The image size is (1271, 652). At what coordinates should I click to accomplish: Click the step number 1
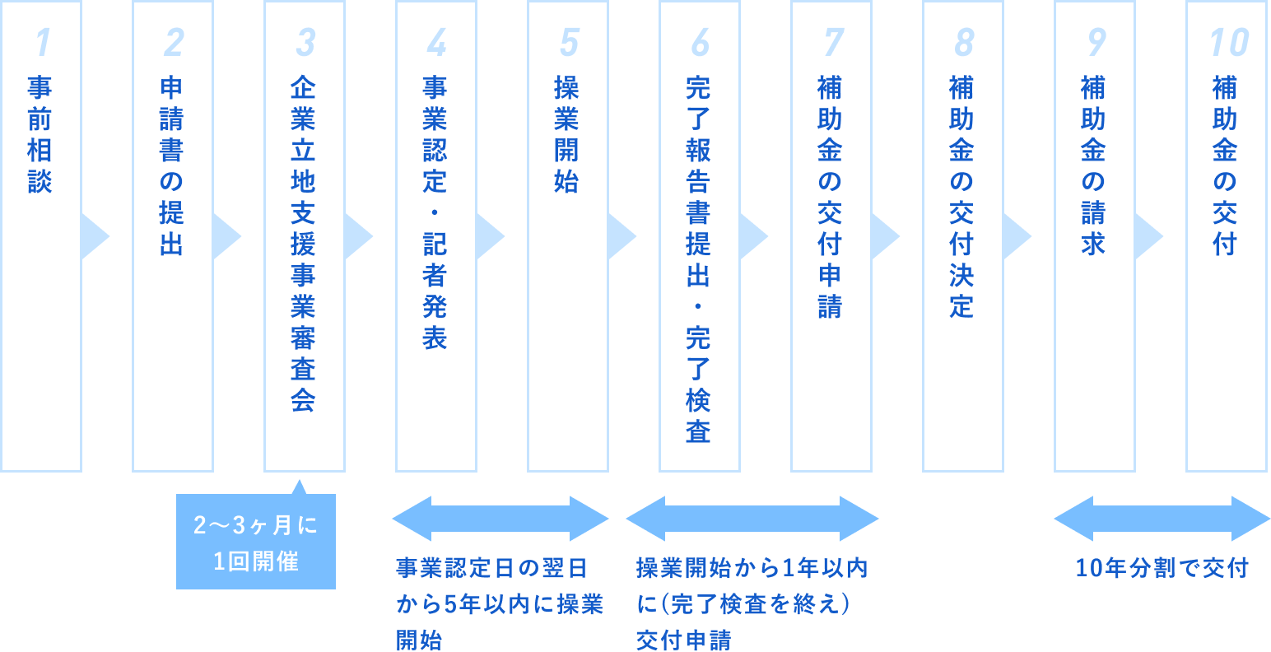point(41,43)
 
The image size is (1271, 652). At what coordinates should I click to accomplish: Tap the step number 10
point(1227,43)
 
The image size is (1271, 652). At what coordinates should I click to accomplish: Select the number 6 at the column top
point(700,43)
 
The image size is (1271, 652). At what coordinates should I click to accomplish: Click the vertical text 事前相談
point(40,135)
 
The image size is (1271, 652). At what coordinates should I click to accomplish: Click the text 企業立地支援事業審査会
point(303,244)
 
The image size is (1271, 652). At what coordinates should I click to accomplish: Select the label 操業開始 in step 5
point(566,135)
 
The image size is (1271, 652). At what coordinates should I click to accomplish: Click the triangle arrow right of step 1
point(94,236)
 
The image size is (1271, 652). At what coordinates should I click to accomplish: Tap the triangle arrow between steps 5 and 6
point(621,236)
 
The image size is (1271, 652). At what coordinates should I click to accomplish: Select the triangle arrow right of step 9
point(1148,236)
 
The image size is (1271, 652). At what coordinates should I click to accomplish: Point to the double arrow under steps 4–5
point(500,519)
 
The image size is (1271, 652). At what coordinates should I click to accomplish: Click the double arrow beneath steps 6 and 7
point(752,519)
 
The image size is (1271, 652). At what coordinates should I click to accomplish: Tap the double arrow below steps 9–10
point(1162,519)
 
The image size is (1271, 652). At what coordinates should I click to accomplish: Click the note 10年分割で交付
point(1162,568)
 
